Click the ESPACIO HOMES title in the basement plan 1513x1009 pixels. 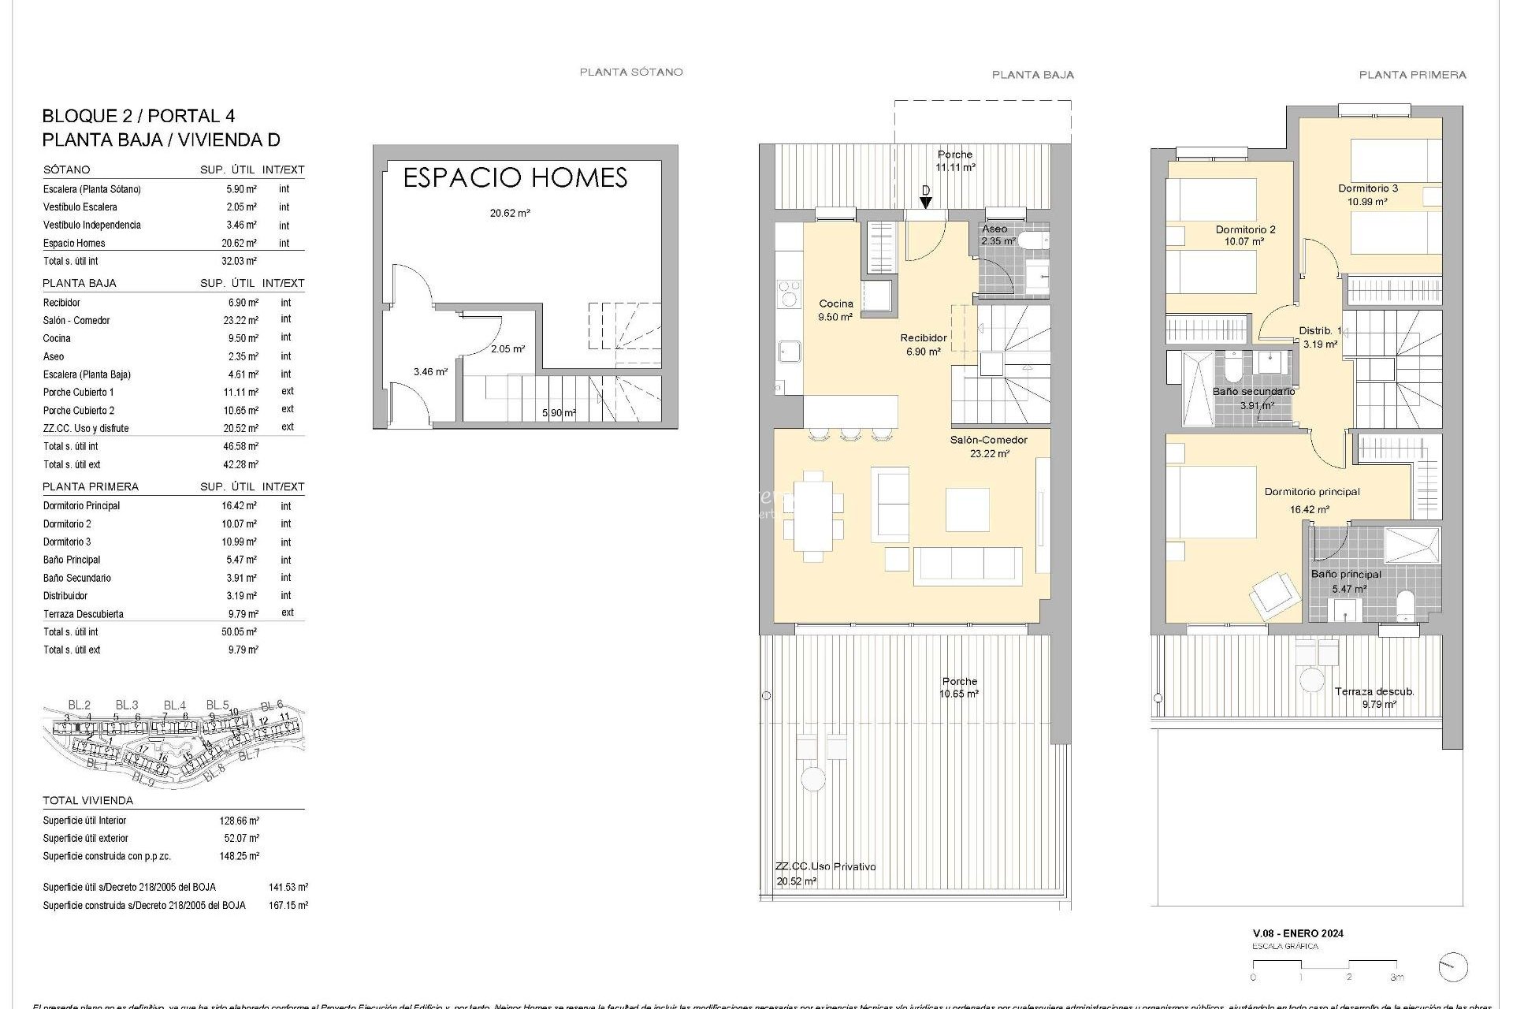tap(515, 178)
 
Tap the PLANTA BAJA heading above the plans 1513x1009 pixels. tap(1032, 75)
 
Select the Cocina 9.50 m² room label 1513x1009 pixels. tap(835, 310)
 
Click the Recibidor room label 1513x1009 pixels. tap(924, 338)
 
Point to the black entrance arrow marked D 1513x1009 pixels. tap(926, 203)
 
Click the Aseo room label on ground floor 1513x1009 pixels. tap(994, 229)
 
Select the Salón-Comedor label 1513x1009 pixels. tap(988, 440)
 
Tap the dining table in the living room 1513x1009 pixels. tap(812, 516)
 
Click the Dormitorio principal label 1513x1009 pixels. tap(1311, 492)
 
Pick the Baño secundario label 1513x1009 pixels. tap(1253, 392)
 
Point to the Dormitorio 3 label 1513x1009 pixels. tap(1367, 188)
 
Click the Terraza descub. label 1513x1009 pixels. tap(1374, 692)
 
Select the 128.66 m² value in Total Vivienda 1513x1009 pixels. tap(239, 821)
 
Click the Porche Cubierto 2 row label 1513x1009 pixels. tap(79, 411)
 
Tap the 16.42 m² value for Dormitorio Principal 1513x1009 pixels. tap(239, 506)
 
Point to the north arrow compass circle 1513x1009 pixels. tap(1452, 967)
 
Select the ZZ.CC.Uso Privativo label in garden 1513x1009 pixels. tap(825, 866)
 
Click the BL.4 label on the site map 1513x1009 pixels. tap(174, 706)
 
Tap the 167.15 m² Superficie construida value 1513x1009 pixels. tap(288, 906)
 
